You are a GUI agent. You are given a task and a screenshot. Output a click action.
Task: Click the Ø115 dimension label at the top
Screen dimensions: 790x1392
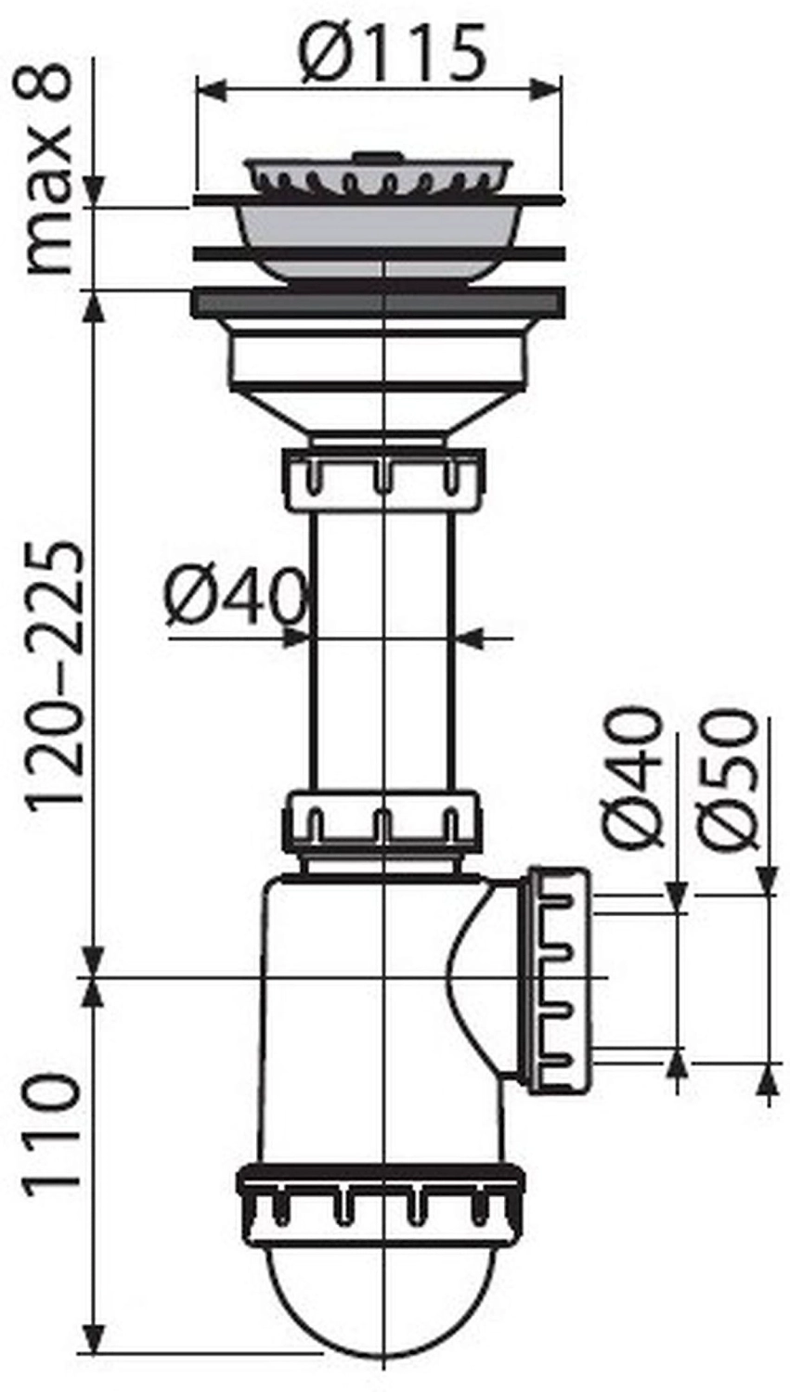(392, 52)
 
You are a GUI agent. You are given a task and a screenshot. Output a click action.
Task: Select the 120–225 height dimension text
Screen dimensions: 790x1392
(54, 675)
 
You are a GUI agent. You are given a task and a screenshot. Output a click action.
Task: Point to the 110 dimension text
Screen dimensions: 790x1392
(52, 1132)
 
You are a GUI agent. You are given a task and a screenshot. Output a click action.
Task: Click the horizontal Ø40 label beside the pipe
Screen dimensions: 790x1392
(236, 597)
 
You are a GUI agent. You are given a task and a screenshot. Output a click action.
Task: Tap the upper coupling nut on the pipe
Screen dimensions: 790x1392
(384, 480)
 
